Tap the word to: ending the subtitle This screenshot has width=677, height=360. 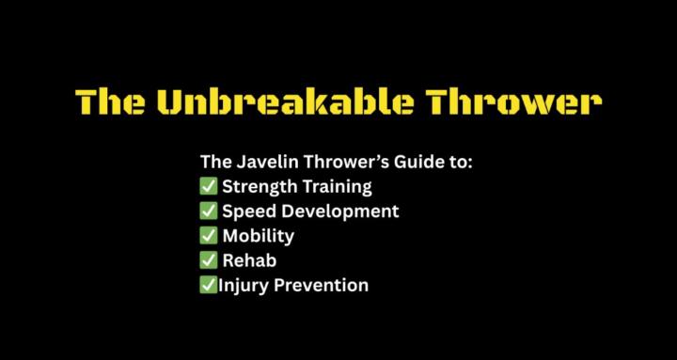pos(458,162)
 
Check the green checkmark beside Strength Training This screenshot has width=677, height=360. pos(209,186)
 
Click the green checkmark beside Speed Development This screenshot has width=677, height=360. pos(209,211)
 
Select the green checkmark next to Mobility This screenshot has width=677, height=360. pos(209,235)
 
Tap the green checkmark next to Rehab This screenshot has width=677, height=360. pos(209,260)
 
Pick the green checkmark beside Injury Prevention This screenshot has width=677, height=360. pos(208,285)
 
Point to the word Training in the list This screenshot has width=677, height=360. pos(336,186)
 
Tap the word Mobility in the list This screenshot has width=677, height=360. pos(259,235)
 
